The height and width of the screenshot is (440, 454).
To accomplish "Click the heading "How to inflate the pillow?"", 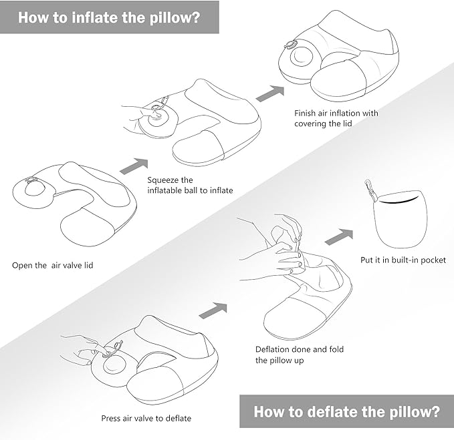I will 109,17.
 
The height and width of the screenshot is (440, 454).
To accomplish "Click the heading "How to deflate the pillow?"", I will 346,411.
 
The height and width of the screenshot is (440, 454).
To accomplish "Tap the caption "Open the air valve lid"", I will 53,265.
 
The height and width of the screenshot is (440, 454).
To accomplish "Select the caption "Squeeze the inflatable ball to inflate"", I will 190,185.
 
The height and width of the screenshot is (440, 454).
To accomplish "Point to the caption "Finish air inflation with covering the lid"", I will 336,118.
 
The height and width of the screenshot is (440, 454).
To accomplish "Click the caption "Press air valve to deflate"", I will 146,419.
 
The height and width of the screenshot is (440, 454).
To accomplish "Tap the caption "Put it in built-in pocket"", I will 403,260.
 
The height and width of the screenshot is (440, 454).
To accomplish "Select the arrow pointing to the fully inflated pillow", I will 269,93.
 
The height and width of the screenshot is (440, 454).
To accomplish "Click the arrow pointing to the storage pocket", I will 339,236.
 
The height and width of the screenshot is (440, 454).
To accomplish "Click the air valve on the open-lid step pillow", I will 31,188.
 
